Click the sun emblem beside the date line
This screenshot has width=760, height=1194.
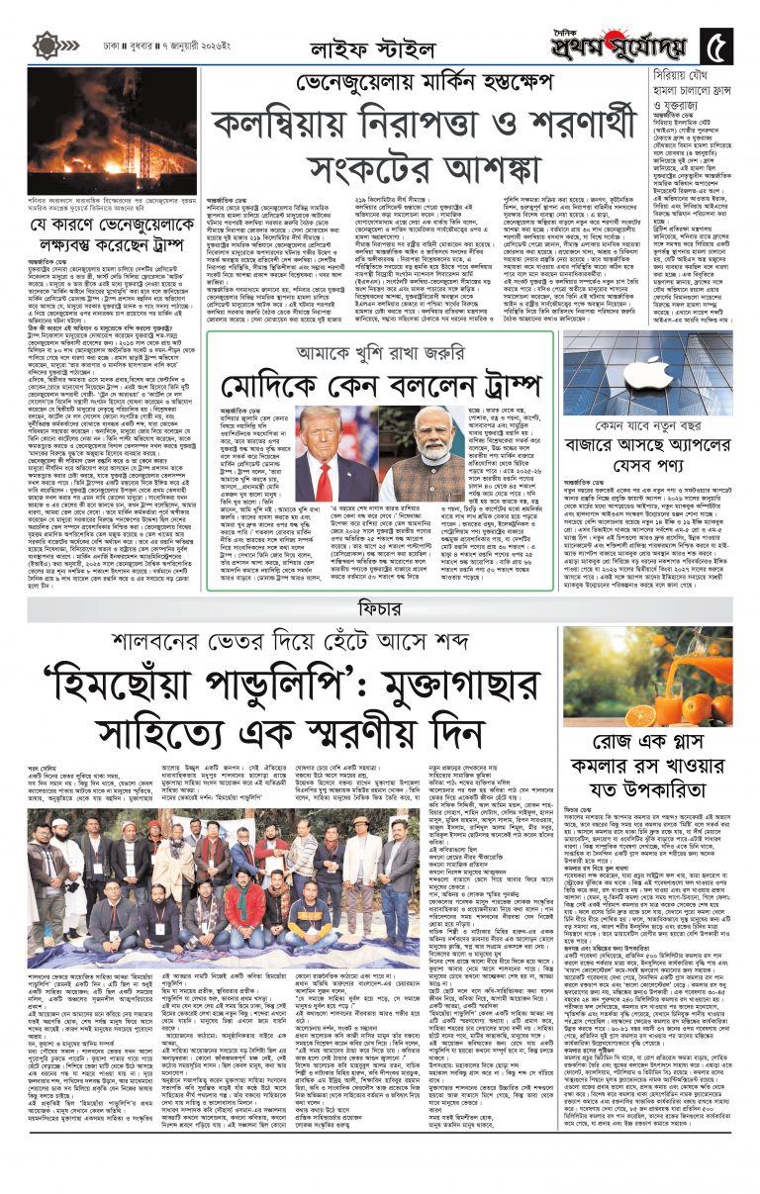tap(46, 46)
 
